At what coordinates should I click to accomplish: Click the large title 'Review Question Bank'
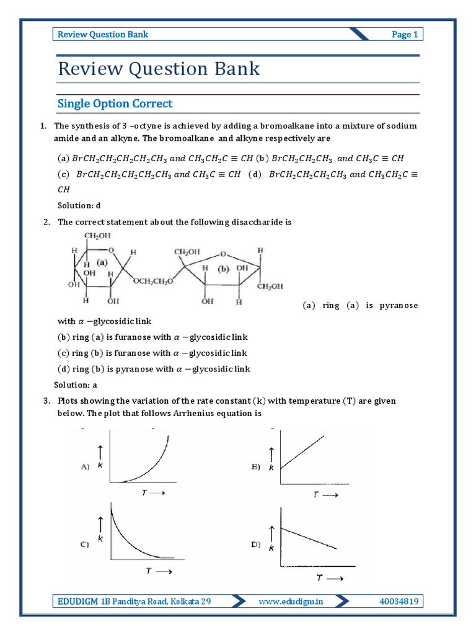[159, 69]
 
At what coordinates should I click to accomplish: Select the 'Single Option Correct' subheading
[115, 104]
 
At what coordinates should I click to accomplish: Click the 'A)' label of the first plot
[86, 467]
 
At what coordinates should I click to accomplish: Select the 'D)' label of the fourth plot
[255, 544]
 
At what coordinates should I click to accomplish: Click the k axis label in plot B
[271, 468]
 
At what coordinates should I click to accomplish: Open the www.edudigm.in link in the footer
[291, 601]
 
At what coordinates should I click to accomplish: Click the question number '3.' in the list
[46, 401]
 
